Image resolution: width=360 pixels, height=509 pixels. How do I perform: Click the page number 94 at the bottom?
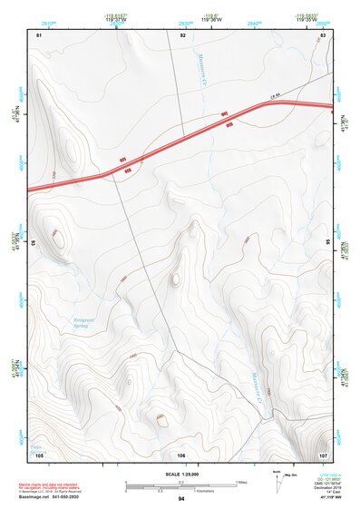[x=180, y=500]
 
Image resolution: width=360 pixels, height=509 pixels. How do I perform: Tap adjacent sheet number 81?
[x=39, y=34]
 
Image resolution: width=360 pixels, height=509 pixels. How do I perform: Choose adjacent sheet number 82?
[x=183, y=34]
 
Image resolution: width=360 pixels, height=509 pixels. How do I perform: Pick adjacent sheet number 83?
[x=323, y=34]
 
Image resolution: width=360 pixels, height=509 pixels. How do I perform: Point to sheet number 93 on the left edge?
[x=34, y=243]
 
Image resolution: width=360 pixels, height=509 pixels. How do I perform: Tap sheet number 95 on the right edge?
[x=327, y=243]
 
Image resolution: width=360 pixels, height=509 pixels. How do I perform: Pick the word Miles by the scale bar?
[x=241, y=481]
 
